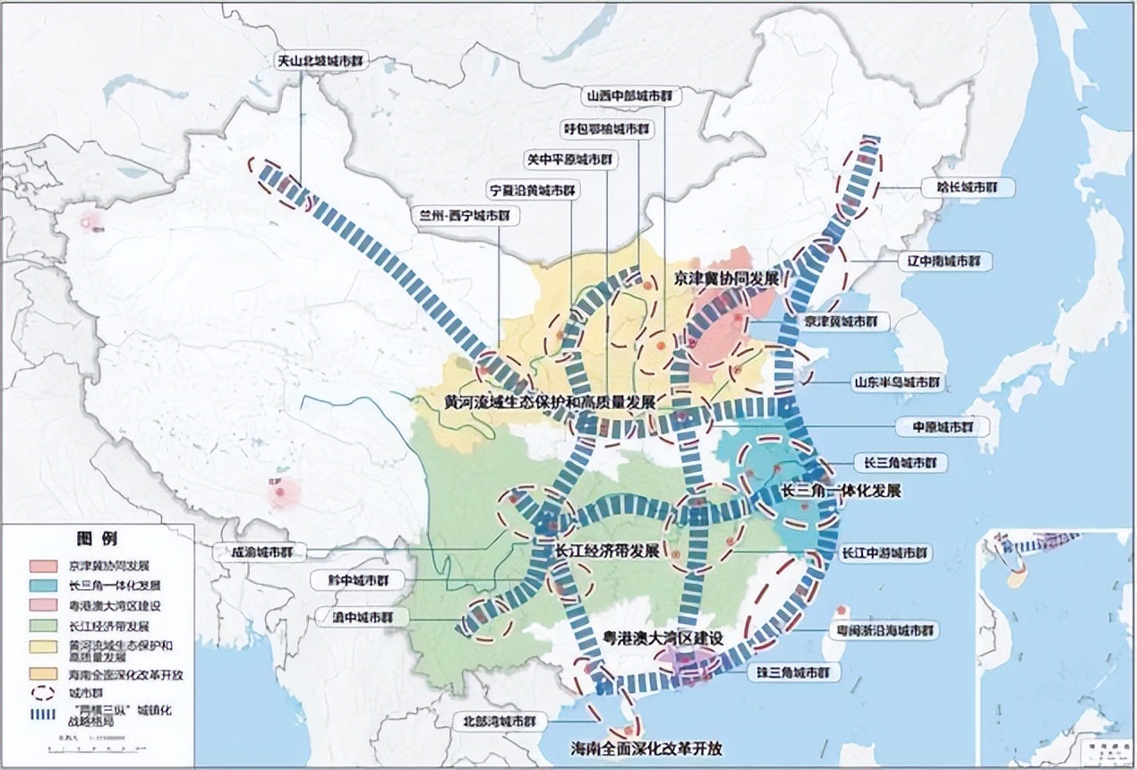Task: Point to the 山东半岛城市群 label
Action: (897, 381)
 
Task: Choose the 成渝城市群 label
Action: (256, 552)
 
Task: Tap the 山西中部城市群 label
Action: (630, 95)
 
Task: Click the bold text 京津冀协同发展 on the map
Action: (726, 278)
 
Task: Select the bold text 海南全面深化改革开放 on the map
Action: (648, 748)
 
